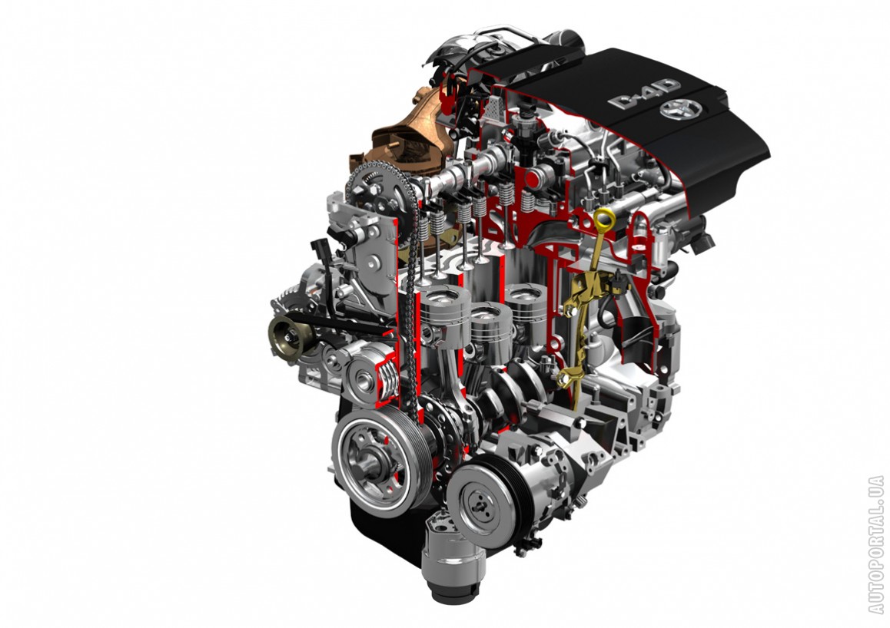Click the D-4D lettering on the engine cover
[x=643, y=94]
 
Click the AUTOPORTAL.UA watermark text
[x=876, y=544]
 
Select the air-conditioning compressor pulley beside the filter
[x=483, y=500]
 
